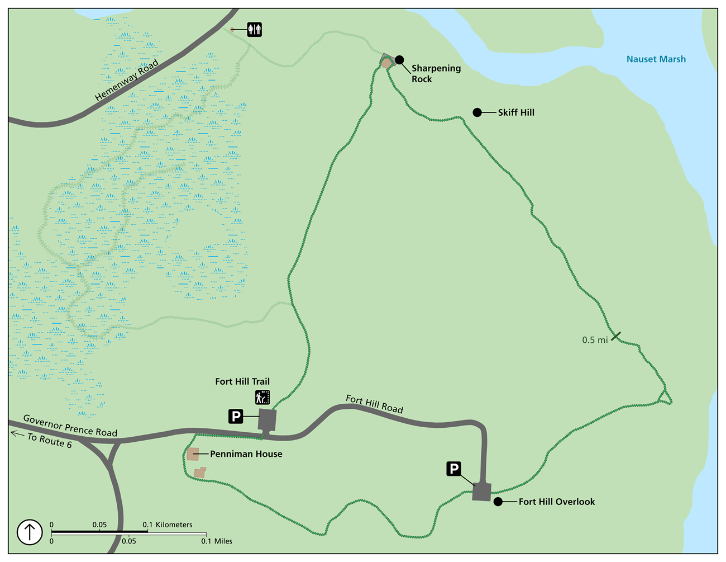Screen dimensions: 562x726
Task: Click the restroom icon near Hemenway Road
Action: pos(255,29)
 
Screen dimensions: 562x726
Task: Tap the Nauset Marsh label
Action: pos(656,59)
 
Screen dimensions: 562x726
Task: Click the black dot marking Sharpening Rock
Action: pos(399,60)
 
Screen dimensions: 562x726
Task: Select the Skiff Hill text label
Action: pos(516,112)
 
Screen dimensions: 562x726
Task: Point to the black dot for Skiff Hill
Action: pos(477,112)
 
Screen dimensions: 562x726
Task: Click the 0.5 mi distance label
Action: pos(595,340)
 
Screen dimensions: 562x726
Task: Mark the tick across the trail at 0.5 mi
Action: pos(615,336)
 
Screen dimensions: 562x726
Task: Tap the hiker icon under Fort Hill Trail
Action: pos(262,397)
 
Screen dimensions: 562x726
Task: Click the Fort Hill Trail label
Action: pos(242,381)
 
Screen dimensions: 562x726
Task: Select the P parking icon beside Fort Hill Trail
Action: pos(236,416)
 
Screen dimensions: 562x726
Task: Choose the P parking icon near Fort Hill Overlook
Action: pos(454,469)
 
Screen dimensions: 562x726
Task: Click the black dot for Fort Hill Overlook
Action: pos(498,502)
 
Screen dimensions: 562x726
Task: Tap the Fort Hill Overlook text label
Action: pos(557,502)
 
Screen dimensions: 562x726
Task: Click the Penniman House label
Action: pos(246,454)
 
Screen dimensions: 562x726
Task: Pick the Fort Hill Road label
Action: pos(374,404)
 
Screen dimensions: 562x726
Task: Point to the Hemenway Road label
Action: pos(127,81)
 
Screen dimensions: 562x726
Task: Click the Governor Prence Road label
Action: pos(70,426)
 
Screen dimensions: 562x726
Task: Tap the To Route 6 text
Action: pos(49,440)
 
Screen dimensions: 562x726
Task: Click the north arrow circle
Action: pos(30,532)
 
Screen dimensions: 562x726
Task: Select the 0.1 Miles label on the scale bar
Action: pos(217,541)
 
